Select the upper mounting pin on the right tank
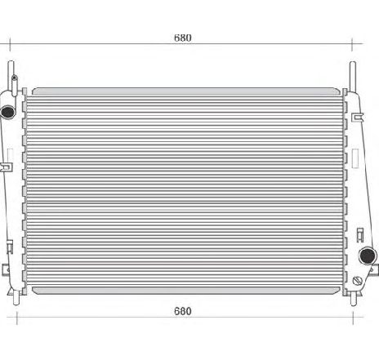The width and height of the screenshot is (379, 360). pos(353,70)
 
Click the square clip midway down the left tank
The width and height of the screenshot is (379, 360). pos(7,168)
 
